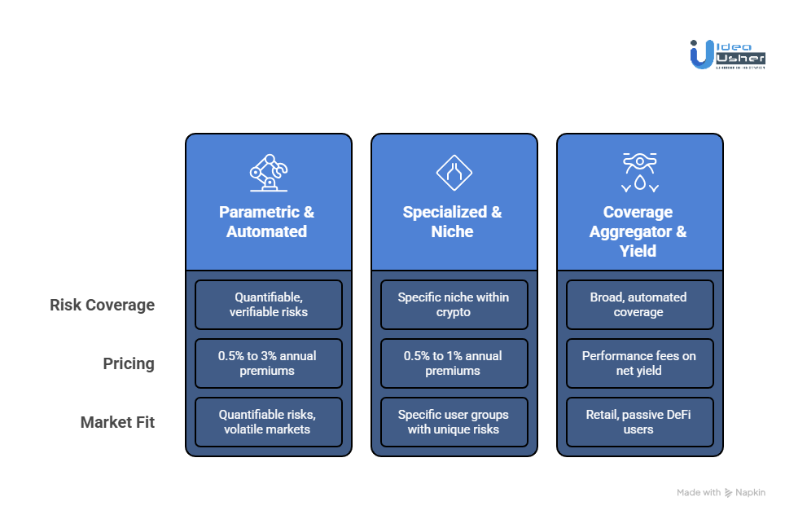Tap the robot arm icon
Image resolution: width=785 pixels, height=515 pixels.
(x=268, y=171)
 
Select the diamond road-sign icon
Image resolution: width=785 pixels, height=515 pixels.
(x=454, y=171)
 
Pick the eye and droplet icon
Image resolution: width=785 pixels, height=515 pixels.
(x=638, y=171)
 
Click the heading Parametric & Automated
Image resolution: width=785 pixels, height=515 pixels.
(x=267, y=222)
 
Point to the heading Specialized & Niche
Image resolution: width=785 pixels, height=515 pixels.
(x=453, y=222)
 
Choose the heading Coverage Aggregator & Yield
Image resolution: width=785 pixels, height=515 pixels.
(x=638, y=231)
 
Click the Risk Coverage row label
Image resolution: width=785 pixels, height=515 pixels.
(x=102, y=305)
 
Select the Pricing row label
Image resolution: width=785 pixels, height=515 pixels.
(x=128, y=363)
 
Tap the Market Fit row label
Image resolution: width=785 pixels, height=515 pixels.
(x=117, y=422)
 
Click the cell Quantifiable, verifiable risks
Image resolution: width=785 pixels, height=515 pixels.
(x=268, y=305)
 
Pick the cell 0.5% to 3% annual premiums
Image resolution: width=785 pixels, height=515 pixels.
(x=268, y=363)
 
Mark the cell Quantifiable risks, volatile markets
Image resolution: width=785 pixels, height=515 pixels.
(x=268, y=422)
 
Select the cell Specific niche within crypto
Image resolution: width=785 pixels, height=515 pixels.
(x=454, y=305)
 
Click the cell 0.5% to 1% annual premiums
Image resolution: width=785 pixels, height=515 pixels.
(x=454, y=363)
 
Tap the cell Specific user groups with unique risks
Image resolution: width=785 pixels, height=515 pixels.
(x=454, y=422)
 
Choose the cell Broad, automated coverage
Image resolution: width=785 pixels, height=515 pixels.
(x=639, y=305)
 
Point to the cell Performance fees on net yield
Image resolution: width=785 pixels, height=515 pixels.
(x=639, y=363)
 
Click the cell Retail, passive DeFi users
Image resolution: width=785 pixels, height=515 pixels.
(x=639, y=422)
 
